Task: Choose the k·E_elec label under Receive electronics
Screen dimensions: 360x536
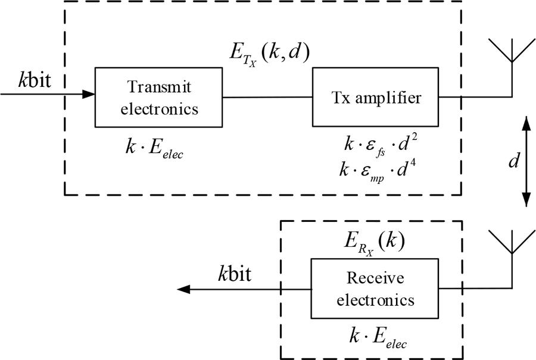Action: click(376, 339)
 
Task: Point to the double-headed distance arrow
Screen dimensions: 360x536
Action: click(526, 161)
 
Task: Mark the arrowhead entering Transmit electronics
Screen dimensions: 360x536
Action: click(89, 93)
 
